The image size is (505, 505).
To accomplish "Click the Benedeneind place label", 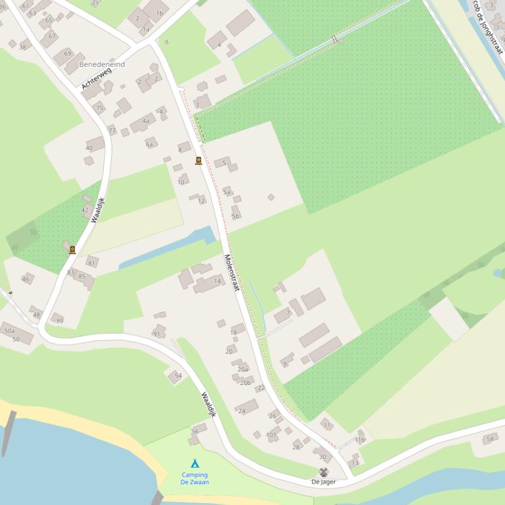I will (102, 65).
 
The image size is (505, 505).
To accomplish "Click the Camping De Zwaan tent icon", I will (194, 464).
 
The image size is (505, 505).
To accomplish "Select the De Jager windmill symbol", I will (323, 472).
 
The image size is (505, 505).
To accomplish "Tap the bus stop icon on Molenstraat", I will (198, 161).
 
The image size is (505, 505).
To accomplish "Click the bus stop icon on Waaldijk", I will (72, 249).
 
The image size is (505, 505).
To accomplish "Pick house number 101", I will (271, 435).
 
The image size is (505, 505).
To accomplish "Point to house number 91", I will (156, 334).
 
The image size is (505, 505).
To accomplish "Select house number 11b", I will (359, 439).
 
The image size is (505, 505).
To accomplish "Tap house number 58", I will (490, 439).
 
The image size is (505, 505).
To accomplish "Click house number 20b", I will (245, 382).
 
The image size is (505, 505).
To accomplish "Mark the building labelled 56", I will (195, 431).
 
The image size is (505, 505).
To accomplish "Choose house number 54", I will (178, 376).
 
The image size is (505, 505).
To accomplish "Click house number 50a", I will (9, 331).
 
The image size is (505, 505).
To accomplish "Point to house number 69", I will (68, 53).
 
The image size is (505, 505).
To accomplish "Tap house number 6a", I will (149, 144).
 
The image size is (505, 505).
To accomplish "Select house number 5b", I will (235, 216).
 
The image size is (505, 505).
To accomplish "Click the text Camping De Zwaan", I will (194, 478).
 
